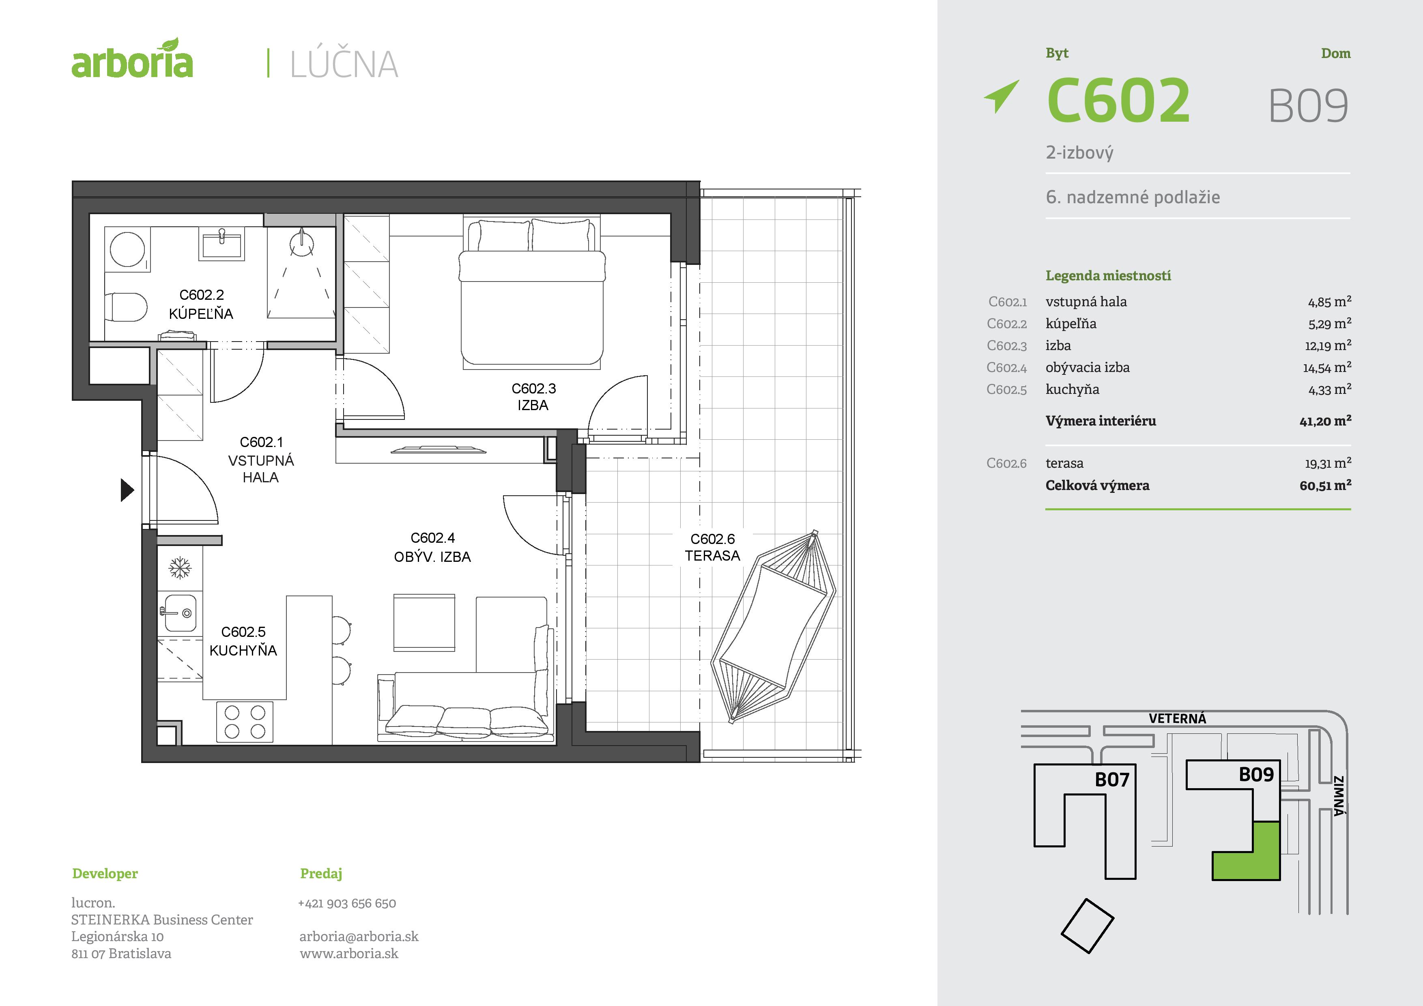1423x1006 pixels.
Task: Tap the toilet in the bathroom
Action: (126, 307)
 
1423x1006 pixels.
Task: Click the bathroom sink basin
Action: (221, 243)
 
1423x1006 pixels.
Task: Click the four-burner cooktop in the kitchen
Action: (245, 722)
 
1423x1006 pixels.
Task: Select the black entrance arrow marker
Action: (127, 490)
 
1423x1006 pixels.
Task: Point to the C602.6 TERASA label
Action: (712, 547)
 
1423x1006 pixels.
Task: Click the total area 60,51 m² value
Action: (1325, 485)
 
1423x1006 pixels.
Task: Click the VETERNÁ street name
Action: (1177, 718)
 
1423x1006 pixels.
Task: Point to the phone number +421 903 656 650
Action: (347, 903)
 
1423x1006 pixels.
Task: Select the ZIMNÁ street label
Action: (1339, 796)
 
